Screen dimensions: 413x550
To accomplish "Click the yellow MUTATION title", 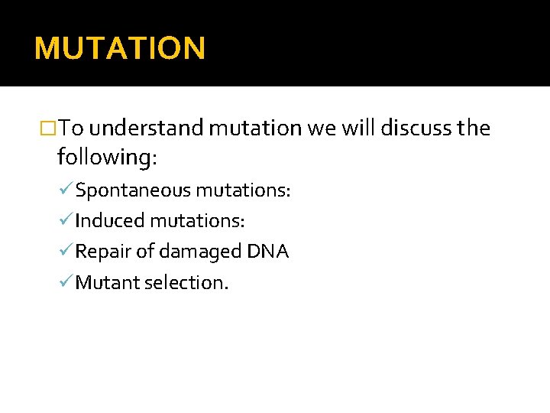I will [120, 48].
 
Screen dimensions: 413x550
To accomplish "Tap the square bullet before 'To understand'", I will [50, 128].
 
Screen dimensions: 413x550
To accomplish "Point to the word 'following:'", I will [107, 158].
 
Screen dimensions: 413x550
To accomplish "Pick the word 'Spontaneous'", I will [134, 190].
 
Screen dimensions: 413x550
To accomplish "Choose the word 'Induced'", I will [109, 221].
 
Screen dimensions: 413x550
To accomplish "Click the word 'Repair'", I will [103, 252].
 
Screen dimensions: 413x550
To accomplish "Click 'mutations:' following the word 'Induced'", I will [198, 221].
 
